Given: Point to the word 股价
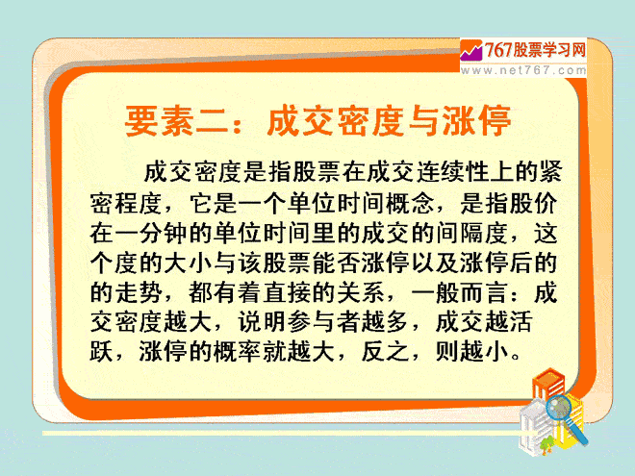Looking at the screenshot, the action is click(533, 202).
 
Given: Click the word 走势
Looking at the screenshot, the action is click(139, 292).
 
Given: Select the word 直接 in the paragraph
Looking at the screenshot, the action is click(287, 292).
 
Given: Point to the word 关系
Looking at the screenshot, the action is click(361, 292).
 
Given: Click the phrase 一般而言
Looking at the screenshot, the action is click(459, 292).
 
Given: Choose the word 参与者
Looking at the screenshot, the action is click(323, 322).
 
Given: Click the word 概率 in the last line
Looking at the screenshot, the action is click(238, 352).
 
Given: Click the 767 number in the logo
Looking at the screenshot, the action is click(498, 50).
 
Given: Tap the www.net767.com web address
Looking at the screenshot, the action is click(523, 70).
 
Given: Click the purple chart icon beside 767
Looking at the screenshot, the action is click(471, 51).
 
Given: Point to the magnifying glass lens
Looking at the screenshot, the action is click(558, 408).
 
